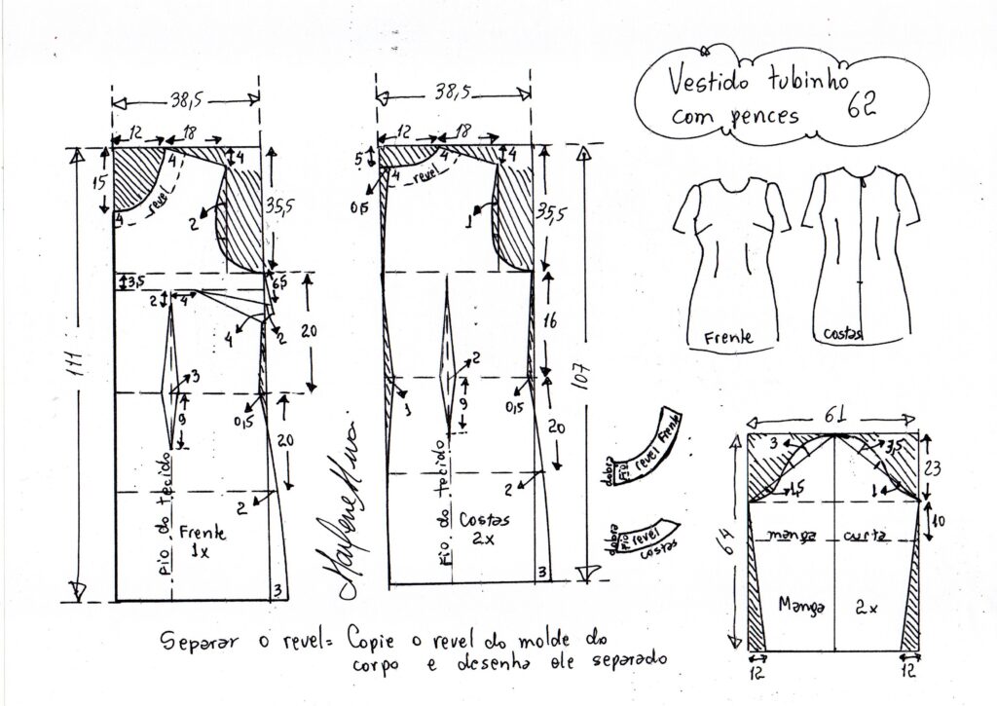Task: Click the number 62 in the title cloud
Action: pyautogui.click(x=862, y=103)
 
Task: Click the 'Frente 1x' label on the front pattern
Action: pyautogui.click(x=203, y=541)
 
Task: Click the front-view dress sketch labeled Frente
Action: pyautogui.click(x=730, y=258)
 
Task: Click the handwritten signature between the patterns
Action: pyautogui.click(x=335, y=516)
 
